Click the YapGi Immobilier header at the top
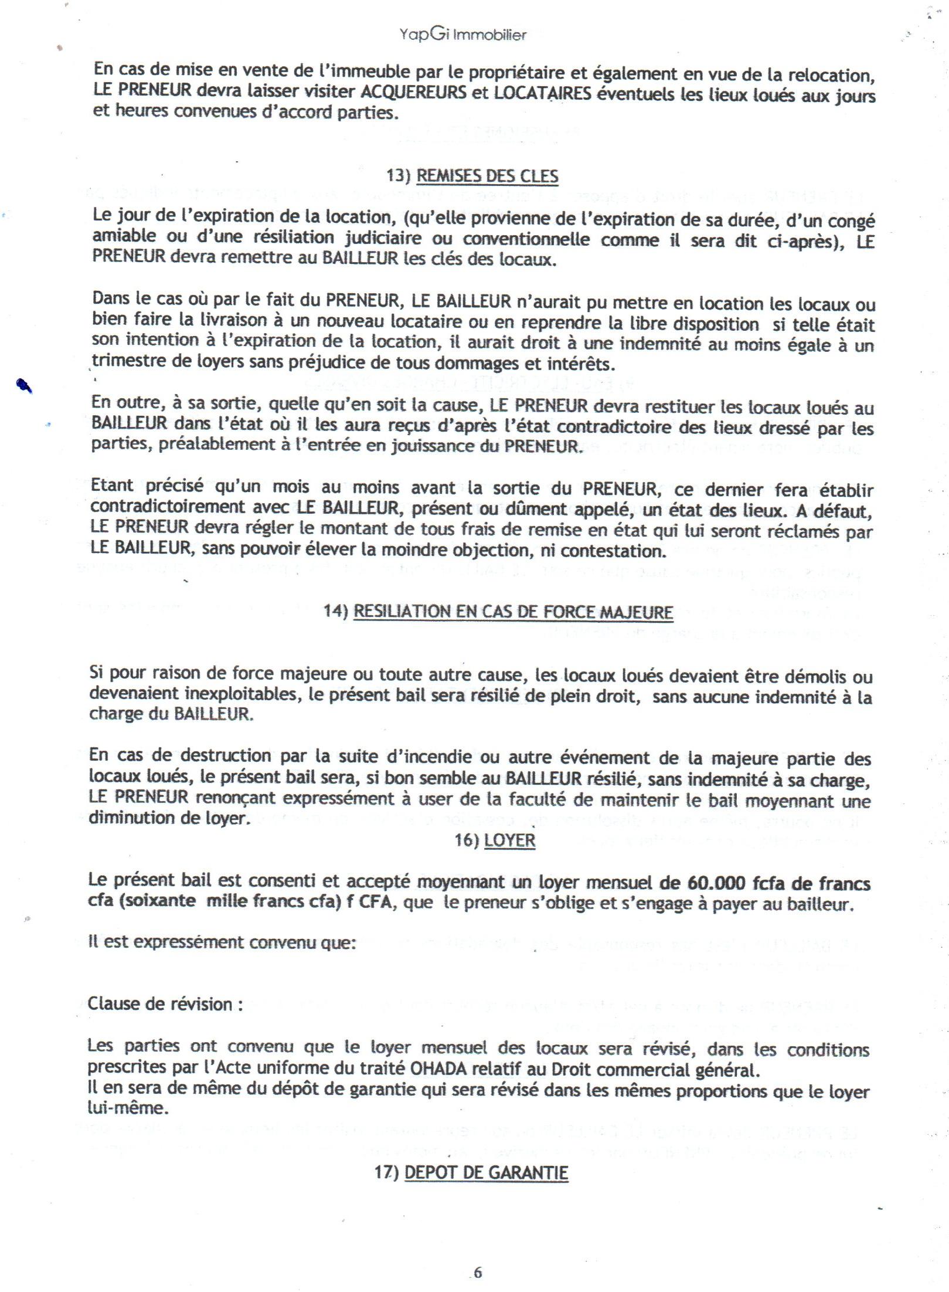(463, 35)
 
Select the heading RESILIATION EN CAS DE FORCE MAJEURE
(513, 612)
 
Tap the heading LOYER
(510, 840)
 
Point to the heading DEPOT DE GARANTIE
(487, 1172)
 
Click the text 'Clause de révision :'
(165, 1003)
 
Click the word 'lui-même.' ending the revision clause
(127, 1108)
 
